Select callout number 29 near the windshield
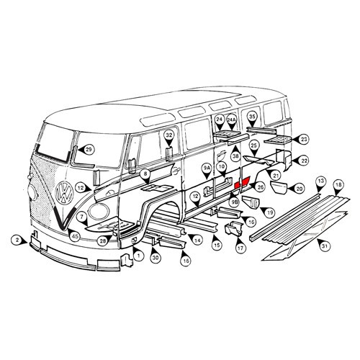tap(89, 149)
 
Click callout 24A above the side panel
tap(232, 120)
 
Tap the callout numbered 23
tap(304, 139)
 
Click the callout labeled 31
tap(324, 247)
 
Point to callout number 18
tap(338, 186)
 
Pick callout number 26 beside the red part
tap(261, 187)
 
